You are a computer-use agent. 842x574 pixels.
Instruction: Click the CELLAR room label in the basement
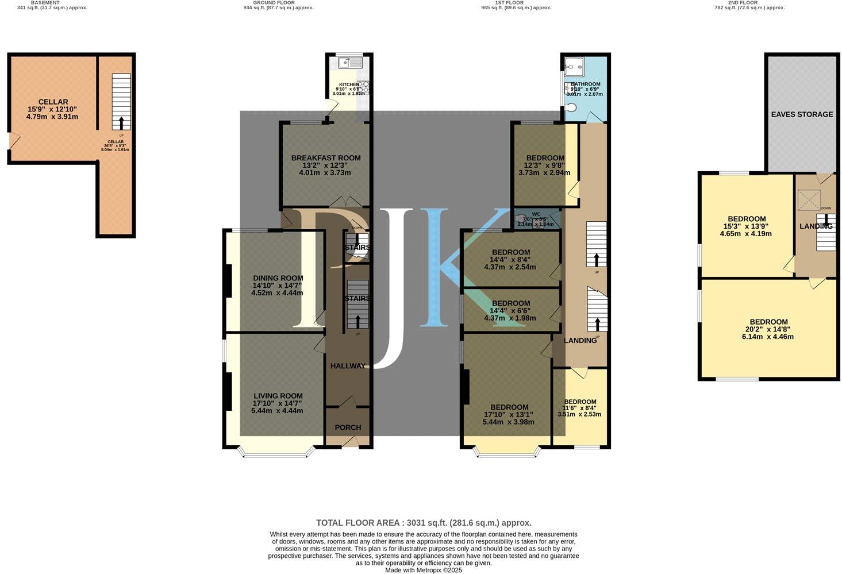tap(53, 102)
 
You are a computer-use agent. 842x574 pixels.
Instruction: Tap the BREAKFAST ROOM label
tap(326, 158)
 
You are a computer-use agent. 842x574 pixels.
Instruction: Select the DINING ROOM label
tap(278, 278)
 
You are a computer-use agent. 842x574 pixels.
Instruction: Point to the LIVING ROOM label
tap(278, 396)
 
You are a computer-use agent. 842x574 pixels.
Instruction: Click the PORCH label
tap(348, 427)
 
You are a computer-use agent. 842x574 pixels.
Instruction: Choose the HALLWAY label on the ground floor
tap(348, 366)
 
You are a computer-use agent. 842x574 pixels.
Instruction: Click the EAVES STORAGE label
tap(802, 114)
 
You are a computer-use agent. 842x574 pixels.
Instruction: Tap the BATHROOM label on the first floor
tap(586, 84)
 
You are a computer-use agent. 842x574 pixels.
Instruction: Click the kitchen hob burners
tap(364, 87)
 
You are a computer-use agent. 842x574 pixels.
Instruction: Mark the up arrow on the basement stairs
tap(121, 123)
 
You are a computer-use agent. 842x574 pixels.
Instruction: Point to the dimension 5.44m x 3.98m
tap(509, 422)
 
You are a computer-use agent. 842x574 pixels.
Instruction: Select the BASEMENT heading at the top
tap(45, 3)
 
